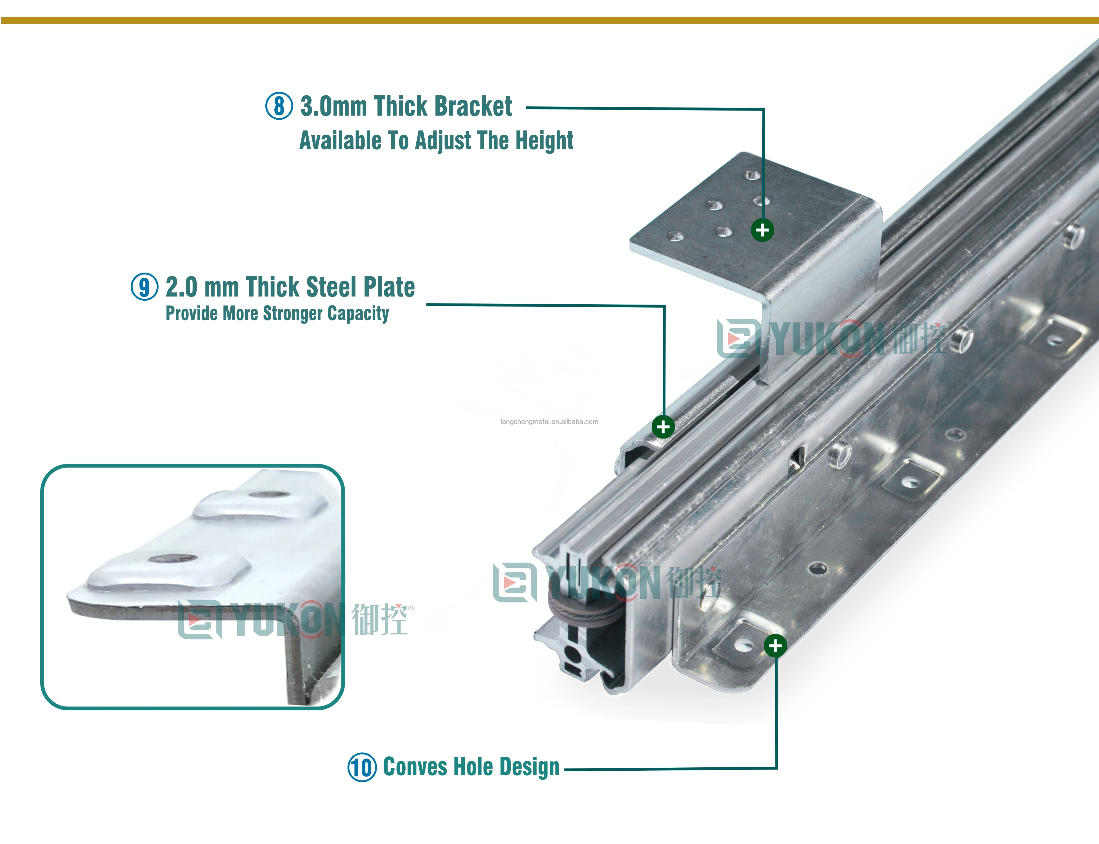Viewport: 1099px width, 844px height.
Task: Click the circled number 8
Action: [279, 106]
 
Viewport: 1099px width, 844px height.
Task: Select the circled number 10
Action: [362, 767]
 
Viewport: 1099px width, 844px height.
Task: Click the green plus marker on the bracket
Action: [762, 230]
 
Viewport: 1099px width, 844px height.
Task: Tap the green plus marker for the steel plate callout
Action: [663, 427]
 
